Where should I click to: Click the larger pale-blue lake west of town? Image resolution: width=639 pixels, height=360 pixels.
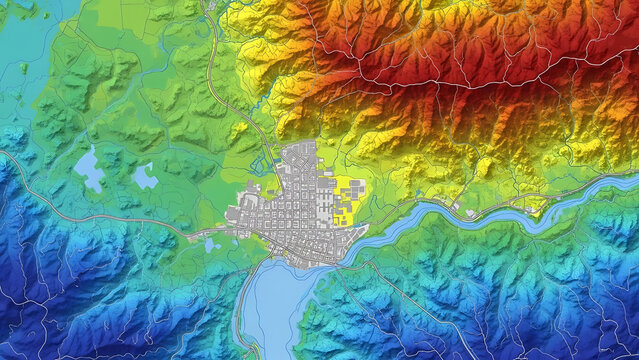tap(90, 169)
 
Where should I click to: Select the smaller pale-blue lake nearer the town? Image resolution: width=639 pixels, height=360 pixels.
tap(145, 177)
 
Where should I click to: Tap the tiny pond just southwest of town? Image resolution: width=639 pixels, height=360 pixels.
tap(211, 244)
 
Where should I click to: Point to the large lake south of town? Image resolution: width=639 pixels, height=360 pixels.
tap(272, 305)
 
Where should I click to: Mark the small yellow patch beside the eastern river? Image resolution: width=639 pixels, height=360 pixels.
tap(537, 207)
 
